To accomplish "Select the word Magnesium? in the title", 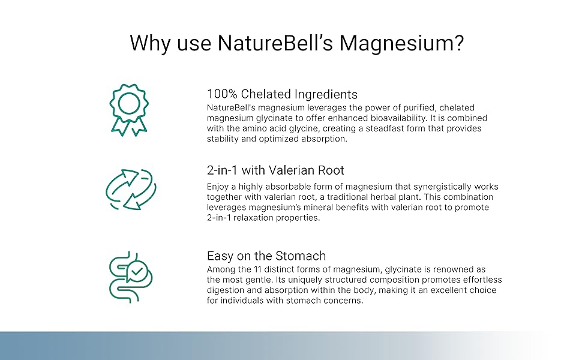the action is click(401, 44).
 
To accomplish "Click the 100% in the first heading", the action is click(222, 94).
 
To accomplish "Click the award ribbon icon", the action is click(129, 110).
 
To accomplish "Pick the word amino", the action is click(254, 128).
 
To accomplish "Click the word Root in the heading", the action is click(331, 170).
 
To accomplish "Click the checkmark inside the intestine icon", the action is click(137, 271).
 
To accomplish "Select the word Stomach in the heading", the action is click(301, 256).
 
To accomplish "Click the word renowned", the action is click(452, 269).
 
